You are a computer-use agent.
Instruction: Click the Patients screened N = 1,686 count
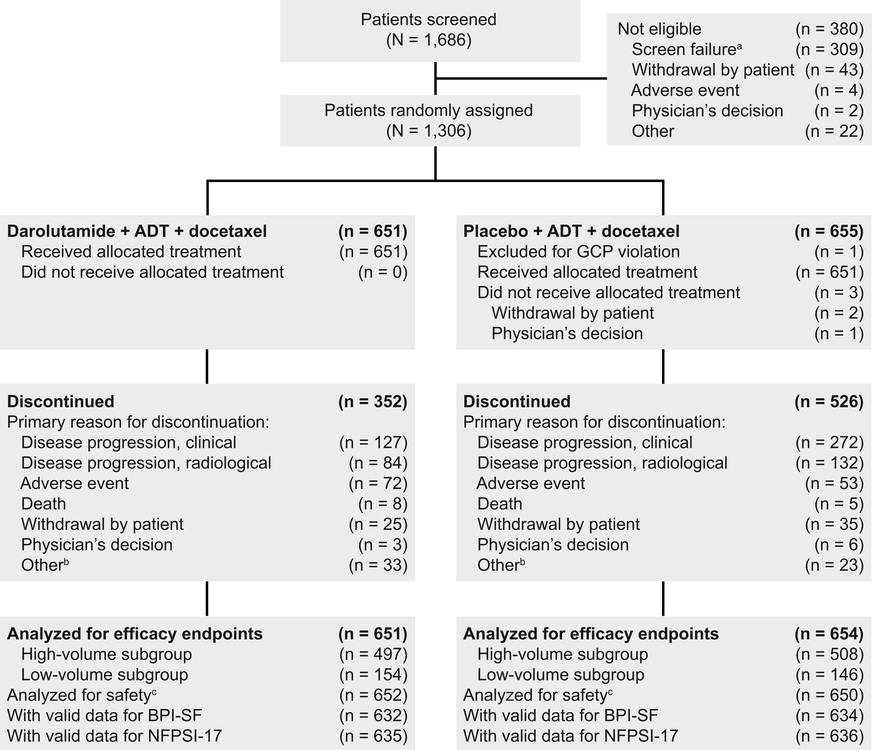point(429,40)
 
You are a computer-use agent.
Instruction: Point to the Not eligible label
point(659,29)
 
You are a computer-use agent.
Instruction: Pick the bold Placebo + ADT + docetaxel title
point(571,231)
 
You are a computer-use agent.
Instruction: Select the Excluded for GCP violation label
point(578,252)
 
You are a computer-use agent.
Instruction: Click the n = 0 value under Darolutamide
point(382,272)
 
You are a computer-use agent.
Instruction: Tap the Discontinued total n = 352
point(373,402)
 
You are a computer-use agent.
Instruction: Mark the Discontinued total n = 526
point(829,402)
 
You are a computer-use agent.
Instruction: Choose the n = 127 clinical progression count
point(373,442)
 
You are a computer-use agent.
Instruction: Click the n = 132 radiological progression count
point(829,463)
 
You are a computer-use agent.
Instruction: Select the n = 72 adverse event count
point(378,483)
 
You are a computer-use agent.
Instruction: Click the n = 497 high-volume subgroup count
point(373,654)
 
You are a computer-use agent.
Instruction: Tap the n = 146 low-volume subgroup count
point(829,675)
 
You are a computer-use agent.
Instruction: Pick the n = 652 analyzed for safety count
point(373,695)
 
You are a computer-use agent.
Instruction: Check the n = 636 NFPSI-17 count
point(829,736)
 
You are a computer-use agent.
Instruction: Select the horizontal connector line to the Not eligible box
point(521,78)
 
